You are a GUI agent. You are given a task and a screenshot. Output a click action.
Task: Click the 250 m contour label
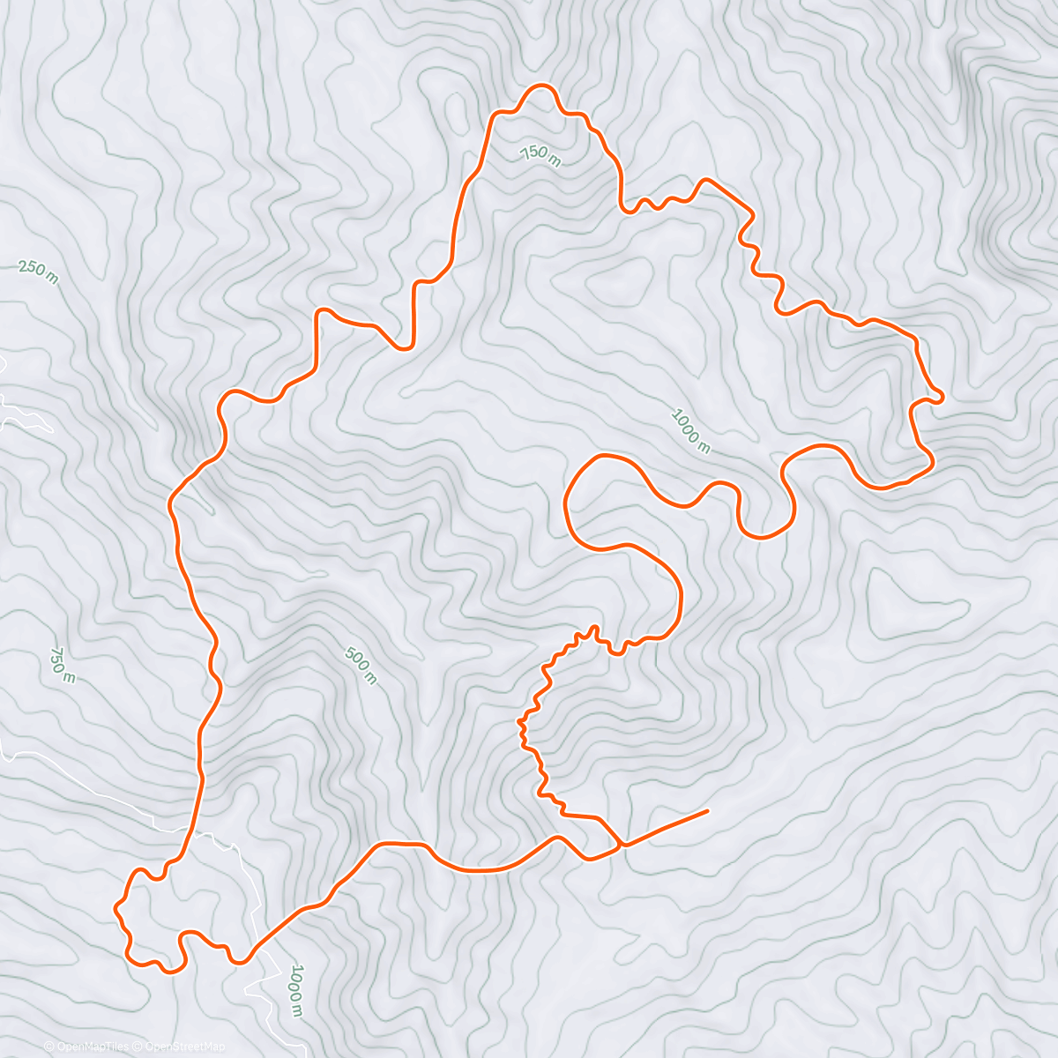[38, 272]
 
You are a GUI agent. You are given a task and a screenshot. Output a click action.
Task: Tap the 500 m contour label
[360, 666]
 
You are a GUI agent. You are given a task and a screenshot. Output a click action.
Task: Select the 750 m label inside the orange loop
[540, 155]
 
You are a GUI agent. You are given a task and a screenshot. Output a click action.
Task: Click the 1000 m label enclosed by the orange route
[690, 430]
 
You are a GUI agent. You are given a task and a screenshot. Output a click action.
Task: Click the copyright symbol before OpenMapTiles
[49, 1047]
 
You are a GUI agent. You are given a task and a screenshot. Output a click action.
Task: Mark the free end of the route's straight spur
[707, 810]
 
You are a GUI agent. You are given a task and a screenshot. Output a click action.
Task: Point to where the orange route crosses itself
[622, 845]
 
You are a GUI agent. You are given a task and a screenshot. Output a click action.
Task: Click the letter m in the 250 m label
[52, 279]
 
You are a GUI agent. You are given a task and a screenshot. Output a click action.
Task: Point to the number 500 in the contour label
[355, 660]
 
